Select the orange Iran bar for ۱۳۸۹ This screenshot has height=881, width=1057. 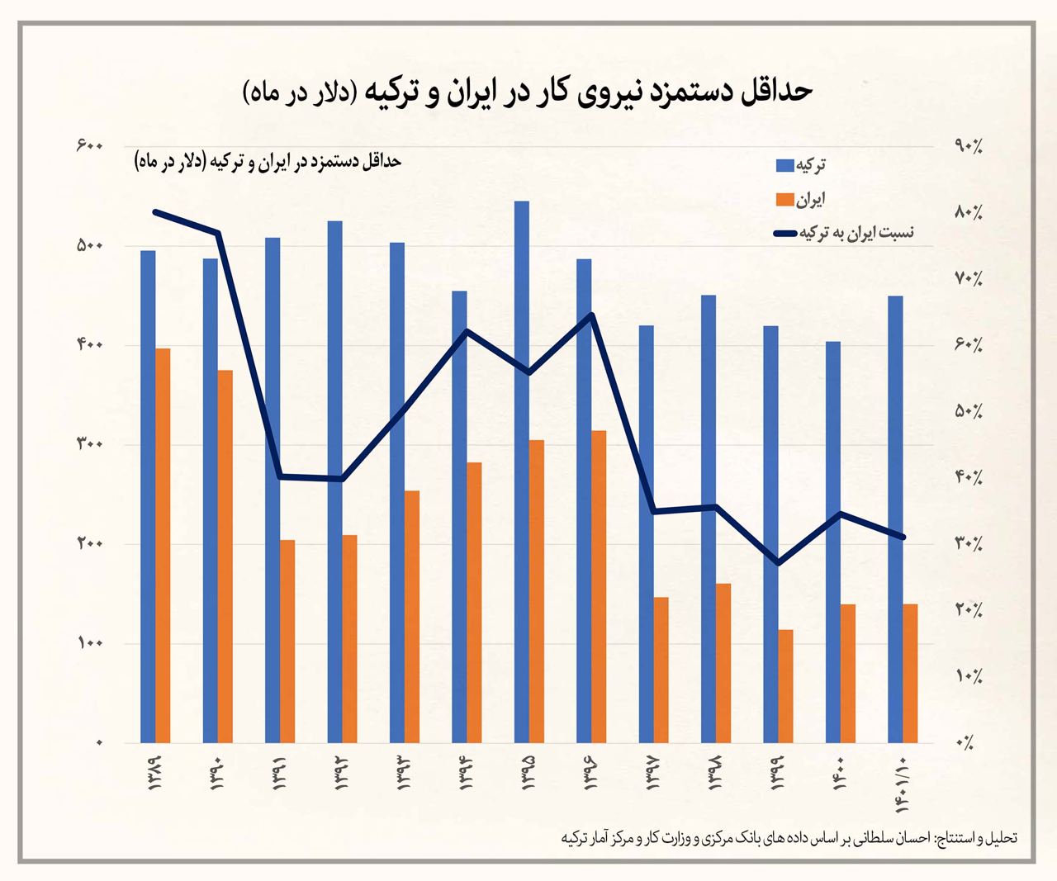point(163,545)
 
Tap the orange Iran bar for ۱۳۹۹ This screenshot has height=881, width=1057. point(785,686)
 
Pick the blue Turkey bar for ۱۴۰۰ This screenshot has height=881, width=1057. point(833,542)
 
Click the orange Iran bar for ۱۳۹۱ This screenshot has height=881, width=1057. point(287,641)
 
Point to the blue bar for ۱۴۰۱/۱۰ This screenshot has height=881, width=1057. point(895,519)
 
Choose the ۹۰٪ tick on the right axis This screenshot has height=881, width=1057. point(967,147)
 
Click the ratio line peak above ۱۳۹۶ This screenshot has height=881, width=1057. point(591,315)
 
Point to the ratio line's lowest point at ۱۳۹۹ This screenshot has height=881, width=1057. point(778,563)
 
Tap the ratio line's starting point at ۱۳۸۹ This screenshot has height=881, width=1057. point(156,212)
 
